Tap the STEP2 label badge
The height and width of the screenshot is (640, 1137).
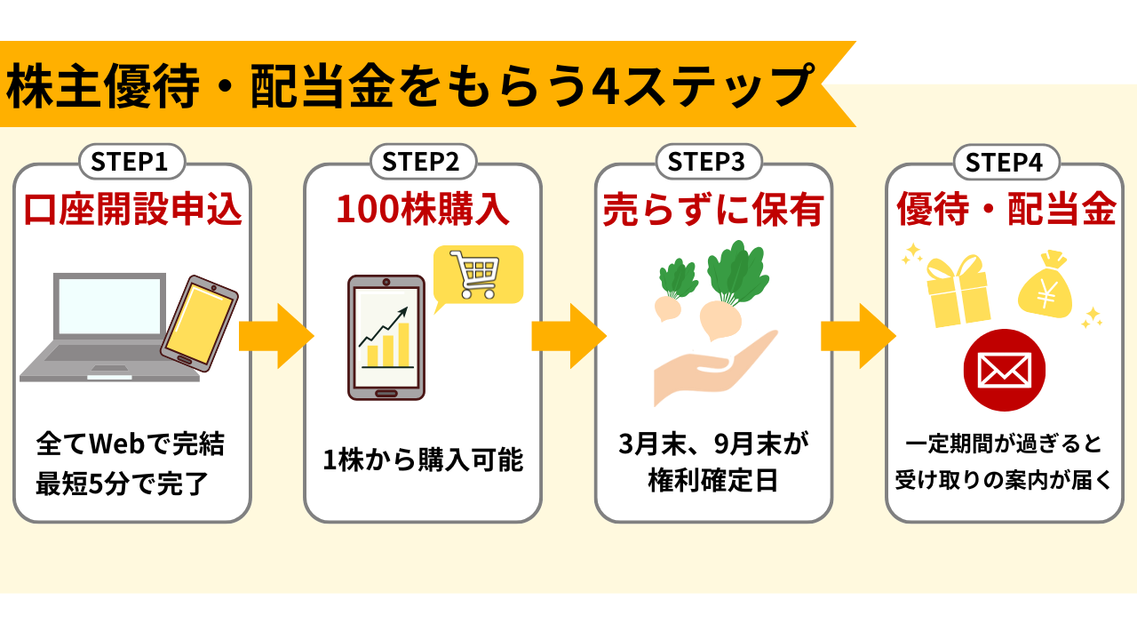tap(424, 162)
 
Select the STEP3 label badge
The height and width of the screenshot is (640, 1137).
tap(709, 162)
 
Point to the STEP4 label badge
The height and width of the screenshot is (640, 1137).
tap(1006, 163)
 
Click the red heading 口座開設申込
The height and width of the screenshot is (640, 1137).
tap(132, 209)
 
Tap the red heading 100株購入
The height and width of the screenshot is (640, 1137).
tap(423, 209)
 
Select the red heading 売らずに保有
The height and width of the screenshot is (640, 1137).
tap(713, 209)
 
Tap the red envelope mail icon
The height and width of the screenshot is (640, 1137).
tap(1004, 371)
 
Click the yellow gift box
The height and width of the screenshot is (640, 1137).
tap(958, 291)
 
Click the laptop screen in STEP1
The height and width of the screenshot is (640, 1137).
tap(109, 306)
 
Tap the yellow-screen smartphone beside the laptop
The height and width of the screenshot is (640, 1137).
tap(199, 323)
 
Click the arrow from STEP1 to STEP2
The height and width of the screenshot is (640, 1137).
tap(276, 336)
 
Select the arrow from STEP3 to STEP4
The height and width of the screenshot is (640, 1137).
tap(858, 336)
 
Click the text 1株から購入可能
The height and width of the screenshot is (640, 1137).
tap(423, 460)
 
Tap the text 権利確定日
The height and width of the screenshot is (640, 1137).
tap(713, 481)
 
